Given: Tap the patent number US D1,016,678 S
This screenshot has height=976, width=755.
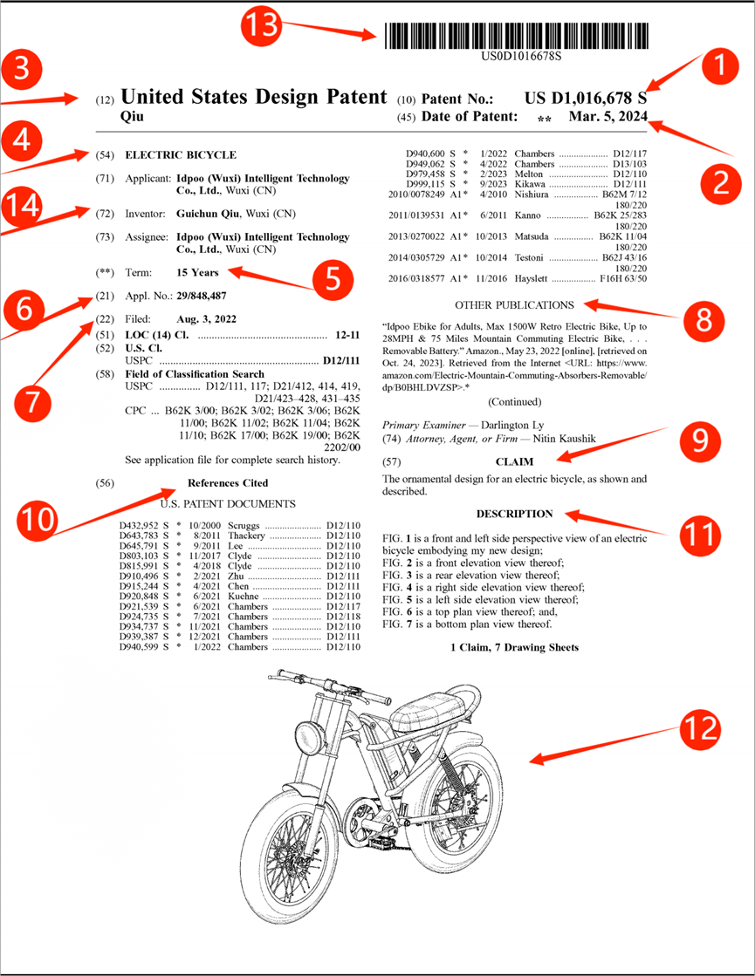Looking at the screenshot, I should click(586, 99).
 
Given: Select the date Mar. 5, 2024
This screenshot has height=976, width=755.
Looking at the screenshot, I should click(607, 117).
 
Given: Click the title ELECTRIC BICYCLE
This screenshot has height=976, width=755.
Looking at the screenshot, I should click(181, 155).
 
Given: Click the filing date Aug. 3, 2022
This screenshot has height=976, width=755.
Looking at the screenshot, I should click(206, 319).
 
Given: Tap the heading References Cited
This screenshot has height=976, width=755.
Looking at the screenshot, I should click(228, 483).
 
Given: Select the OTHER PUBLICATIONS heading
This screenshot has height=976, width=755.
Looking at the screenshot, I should click(514, 305).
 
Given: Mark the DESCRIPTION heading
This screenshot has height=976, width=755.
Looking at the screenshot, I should click(514, 514).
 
